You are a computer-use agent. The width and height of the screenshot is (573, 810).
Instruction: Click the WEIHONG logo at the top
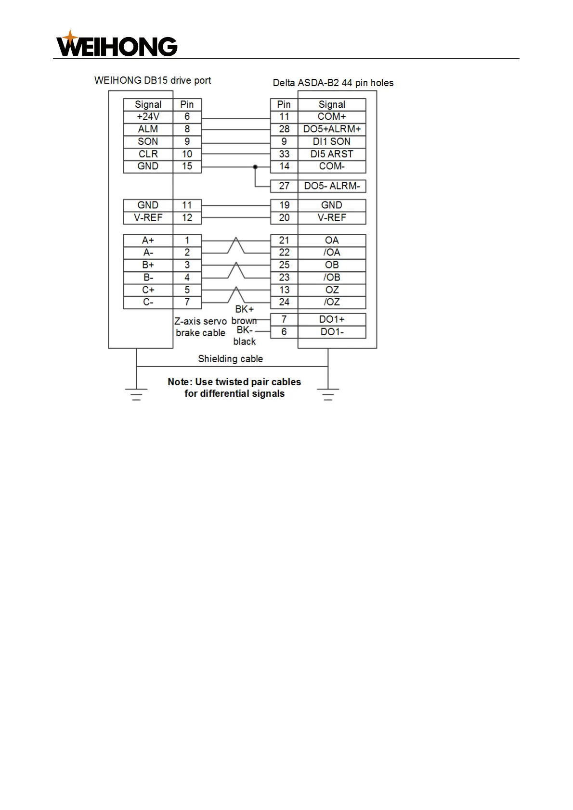(x=117, y=44)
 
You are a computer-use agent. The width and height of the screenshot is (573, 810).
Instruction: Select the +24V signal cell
(x=148, y=117)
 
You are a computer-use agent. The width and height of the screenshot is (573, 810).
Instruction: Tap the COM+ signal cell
(x=332, y=117)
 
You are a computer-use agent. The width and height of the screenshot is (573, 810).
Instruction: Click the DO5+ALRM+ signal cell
(x=332, y=129)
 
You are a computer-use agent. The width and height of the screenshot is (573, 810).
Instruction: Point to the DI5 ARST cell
(x=332, y=154)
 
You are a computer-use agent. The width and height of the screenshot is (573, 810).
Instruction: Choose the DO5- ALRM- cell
(x=332, y=186)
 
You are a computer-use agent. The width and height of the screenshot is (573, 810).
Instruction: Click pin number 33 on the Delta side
(x=284, y=154)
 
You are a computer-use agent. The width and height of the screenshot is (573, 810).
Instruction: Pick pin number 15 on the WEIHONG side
(x=187, y=166)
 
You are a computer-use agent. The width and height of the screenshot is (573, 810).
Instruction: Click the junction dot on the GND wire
(x=255, y=167)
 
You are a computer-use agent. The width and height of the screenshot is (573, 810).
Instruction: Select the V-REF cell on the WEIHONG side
(x=148, y=218)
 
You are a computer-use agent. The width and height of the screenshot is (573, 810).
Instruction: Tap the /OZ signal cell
(x=332, y=303)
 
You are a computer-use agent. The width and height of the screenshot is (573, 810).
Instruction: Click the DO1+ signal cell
(x=332, y=319)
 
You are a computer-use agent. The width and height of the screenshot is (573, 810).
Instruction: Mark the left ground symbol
(x=136, y=394)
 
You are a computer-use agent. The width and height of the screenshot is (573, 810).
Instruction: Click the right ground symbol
(x=328, y=394)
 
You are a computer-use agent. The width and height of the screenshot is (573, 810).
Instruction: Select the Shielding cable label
(x=230, y=359)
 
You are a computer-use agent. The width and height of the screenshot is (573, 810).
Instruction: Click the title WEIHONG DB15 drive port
(x=153, y=80)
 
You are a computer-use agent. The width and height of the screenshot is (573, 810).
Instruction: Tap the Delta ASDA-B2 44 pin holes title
(x=333, y=83)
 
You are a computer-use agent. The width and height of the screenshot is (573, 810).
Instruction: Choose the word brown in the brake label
(x=244, y=321)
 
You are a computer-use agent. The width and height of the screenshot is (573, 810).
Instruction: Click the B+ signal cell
(x=148, y=265)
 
